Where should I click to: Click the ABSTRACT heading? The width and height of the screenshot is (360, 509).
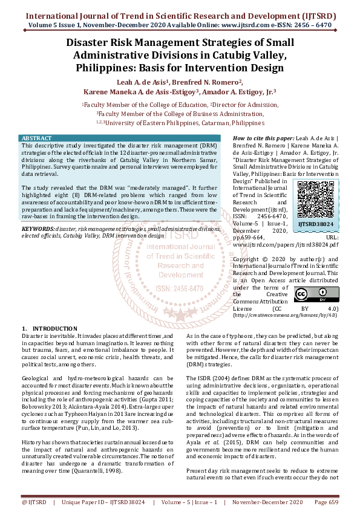click(36, 138)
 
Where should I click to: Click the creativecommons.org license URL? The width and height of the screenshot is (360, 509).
click(285, 315)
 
